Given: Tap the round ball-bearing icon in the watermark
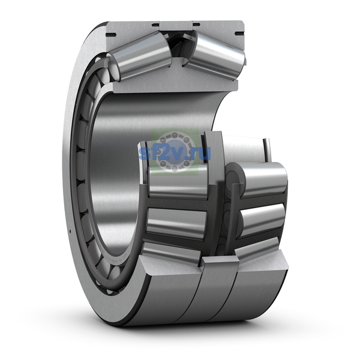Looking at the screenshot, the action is pyautogui.click(x=175, y=152).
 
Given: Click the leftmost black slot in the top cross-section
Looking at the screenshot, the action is pyautogui.click(x=111, y=35).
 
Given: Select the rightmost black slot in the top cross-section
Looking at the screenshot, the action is pyautogui.click(x=239, y=34).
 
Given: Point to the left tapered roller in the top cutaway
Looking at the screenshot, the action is pyautogui.click(x=139, y=56).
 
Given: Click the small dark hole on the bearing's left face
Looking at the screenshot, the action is pyautogui.click(x=70, y=231).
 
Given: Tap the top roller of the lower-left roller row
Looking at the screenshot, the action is pyautogui.click(x=178, y=181).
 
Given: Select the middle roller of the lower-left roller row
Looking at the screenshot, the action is pyautogui.click(x=176, y=223).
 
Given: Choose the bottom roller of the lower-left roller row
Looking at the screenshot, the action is pyautogui.click(x=172, y=253).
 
